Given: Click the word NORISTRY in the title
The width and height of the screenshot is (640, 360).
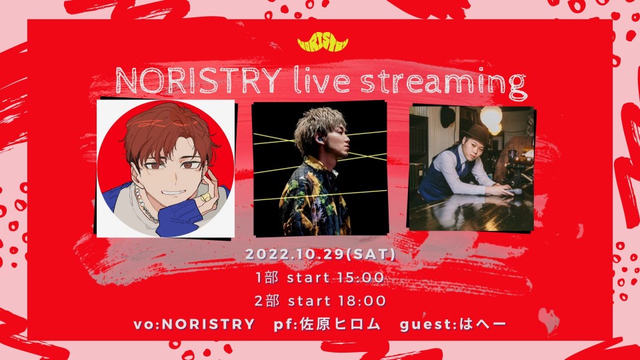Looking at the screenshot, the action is [x=199, y=81].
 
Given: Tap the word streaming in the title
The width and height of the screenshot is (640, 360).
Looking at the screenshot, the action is [x=444, y=84].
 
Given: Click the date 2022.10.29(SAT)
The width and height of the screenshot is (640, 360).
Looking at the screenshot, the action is [x=321, y=254].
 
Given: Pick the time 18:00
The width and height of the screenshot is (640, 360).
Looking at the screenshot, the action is [x=362, y=301].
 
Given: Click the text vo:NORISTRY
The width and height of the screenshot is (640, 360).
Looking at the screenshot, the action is [x=194, y=325].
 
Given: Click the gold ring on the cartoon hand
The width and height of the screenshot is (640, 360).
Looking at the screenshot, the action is [x=205, y=197].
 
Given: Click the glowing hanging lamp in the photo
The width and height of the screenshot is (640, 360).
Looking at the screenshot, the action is [x=491, y=119].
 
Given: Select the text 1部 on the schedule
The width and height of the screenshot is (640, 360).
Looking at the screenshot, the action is [x=267, y=277].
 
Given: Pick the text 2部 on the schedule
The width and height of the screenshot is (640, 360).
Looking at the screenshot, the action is [x=267, y=301].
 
